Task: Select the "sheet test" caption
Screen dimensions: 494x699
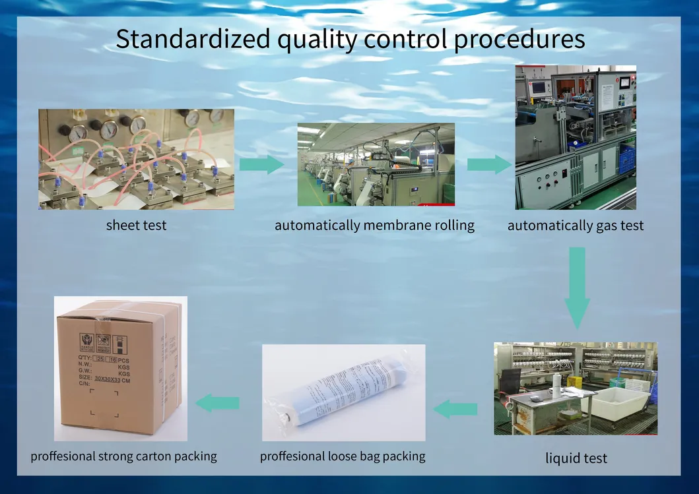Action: coord(136,225)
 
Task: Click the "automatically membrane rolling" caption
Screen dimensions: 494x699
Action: coord(374,225)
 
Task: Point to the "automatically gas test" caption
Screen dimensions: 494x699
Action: coord(576,226)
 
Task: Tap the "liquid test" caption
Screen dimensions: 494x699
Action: coord(576,458)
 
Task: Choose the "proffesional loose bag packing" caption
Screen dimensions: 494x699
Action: coord(343,456)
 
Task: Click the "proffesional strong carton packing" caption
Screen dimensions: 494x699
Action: coord(123,456)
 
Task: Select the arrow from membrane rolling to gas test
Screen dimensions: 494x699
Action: coord(488,164)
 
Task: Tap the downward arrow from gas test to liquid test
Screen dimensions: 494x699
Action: coord(576,287)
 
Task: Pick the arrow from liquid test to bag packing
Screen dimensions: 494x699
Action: coord(455,409)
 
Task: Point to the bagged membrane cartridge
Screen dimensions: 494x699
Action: coord(343,392)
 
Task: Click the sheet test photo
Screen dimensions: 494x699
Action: coord(136,159)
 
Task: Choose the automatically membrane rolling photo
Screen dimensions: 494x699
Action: coord(376,164)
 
